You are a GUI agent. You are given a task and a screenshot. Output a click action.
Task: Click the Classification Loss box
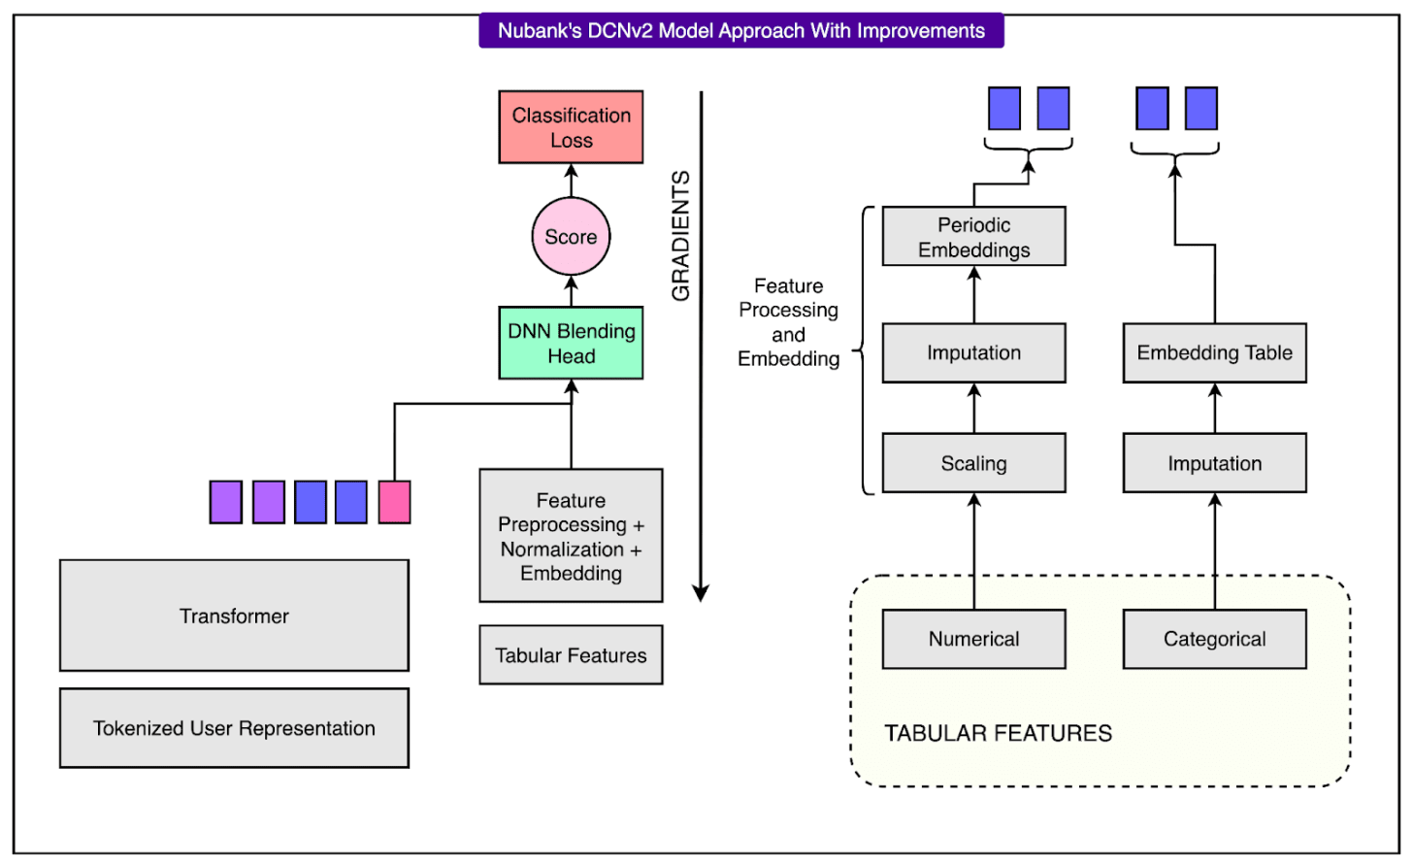(x=571, y=127)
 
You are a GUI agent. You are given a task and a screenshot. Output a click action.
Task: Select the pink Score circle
(x=571, y=237)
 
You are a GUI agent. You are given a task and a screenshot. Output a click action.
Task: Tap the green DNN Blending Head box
(x=571, y=343)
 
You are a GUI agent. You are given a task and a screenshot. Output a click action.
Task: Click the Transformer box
(x=234, y=616)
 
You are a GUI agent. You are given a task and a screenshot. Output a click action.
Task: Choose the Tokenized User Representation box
(x=234, y=728)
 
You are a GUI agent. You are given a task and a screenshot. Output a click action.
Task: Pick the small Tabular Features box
(x=571, y=655)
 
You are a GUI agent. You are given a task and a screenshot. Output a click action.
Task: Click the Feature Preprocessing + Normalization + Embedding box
(x=571, y=536)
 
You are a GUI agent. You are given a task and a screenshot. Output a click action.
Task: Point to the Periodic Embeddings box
(x=973, y=237)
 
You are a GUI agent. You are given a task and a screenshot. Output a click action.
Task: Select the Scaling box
(x=973, y=463)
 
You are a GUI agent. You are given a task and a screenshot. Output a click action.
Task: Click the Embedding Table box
(x=1214, y=352)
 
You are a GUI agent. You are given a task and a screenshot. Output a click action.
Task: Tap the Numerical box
(x=973, y=639)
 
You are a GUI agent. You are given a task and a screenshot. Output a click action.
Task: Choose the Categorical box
(x=1214, y=639)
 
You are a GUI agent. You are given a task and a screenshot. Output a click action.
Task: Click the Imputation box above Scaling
(x=973, y=352)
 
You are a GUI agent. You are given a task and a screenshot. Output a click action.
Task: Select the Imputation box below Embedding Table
(x=1214, y=463)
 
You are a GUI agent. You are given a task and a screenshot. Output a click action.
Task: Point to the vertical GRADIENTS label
(x=680, y=236)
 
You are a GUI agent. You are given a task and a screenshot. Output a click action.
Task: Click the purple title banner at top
(x=740, y=30)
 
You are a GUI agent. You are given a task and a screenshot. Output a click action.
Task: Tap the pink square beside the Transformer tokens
(x=394, y=502)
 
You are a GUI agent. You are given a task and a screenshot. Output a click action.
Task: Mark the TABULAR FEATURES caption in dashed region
(x=998, y=733)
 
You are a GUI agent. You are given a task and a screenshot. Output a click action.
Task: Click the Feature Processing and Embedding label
(x=788, y=322)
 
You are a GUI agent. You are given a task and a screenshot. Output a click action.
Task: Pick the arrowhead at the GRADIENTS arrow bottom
(x=701, y=593)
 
